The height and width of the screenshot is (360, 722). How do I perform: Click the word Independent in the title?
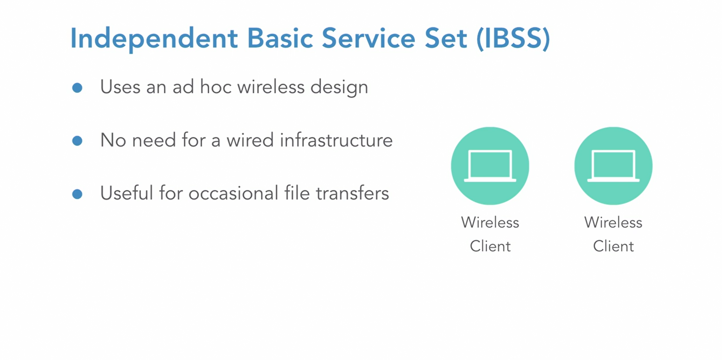click(154, 39)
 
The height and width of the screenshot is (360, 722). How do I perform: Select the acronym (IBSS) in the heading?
click(513, 39)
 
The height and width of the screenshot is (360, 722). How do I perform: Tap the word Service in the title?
click(368, 38)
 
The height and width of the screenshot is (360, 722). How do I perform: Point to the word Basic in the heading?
click(280, 38)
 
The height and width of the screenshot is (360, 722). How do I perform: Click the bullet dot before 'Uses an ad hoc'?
click(77, 88)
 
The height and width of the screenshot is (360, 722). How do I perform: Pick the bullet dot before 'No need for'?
click(77, 141)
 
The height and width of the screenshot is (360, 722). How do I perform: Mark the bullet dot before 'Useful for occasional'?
click(77, 194)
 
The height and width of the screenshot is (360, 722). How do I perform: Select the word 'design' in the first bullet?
click(339, 88)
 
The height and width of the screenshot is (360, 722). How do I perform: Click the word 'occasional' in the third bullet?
click(233, 193)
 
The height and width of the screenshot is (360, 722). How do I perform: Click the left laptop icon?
click(490, 166)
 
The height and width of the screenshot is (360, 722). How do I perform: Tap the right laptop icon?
click(613, 166)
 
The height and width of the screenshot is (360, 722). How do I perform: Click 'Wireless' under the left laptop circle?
click(490, 222)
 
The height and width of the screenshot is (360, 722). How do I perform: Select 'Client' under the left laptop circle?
click(490, 246)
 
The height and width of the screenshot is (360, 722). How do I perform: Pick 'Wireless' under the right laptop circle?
click(613, 222)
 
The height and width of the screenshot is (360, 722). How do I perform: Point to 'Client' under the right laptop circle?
click(613, 246)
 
